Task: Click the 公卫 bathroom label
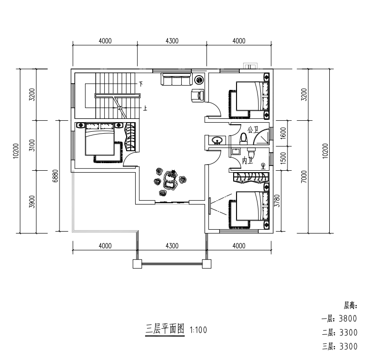(253, 129)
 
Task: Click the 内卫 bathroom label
(247, 160)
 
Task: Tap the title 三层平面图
(165, 329)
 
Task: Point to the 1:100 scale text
(198, 330)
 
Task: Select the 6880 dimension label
(56, 176)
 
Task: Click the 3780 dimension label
(277, 201)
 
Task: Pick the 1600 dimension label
(283, 133)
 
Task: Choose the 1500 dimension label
(283, 158)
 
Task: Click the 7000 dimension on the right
(304, 177)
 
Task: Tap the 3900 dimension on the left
(32, 202)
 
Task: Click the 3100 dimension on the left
(32, 146)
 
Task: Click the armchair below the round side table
(197, 95)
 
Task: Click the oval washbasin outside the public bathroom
(217, 140)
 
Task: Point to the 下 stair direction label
(140, 84)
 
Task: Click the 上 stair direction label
(145, 108)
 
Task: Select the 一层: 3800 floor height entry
(339, 318)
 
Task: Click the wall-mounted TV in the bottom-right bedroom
(210, 206)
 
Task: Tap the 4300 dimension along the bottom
(172, 246)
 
